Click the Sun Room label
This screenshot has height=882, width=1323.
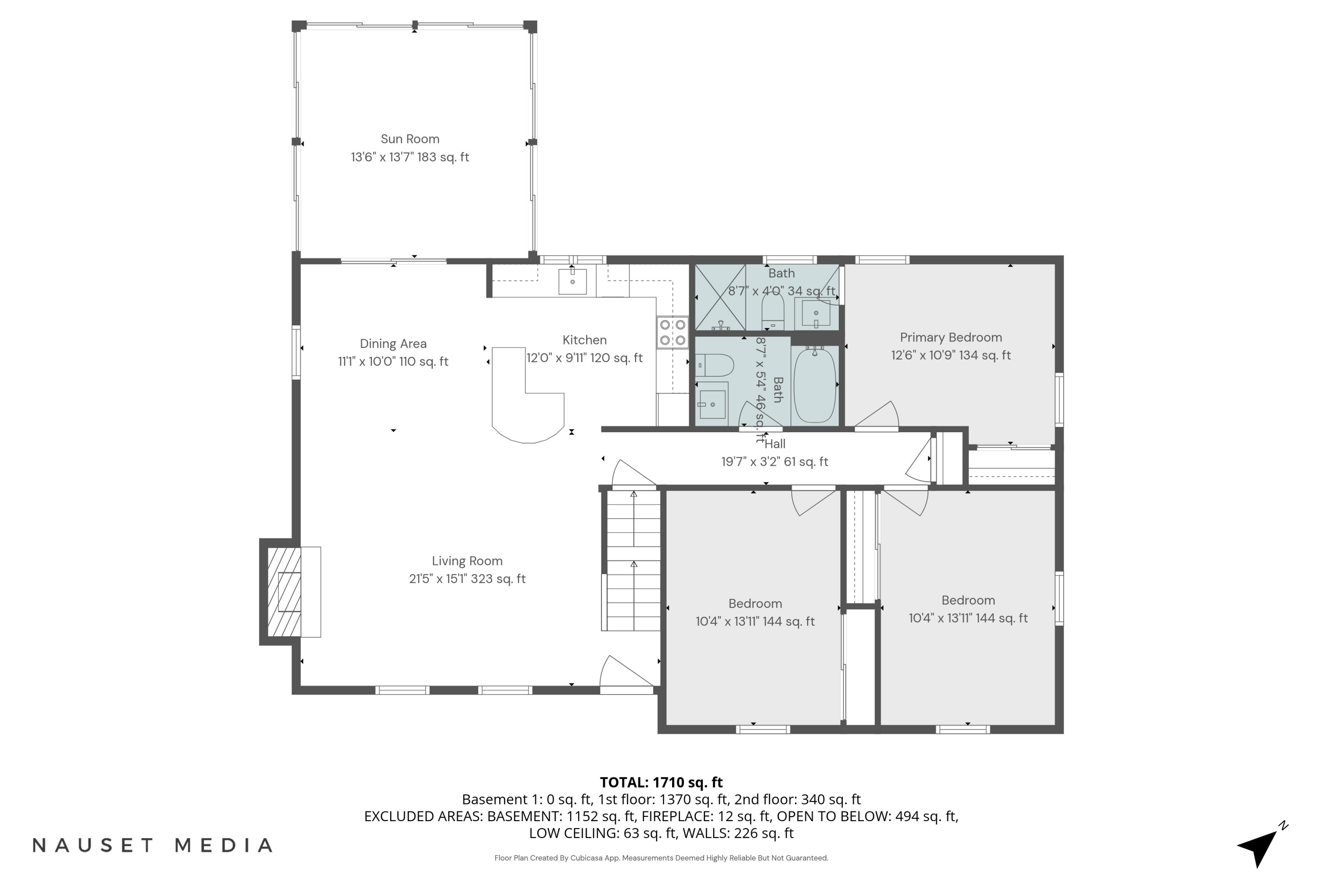pyautogui.click(x=410, y=139)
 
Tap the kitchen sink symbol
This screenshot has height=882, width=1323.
pyautogui.click(x=572, y=281)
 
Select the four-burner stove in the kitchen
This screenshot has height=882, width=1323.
pyautogui.click(x=672, y=333)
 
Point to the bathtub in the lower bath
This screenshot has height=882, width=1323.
pyautogui.click(x=815, y=385)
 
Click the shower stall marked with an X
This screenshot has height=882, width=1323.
pyautogui.click(x=721, y=297)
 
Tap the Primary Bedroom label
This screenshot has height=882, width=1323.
pyautogui.click(x=951, y=337)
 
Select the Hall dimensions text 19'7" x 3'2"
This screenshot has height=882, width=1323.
pyautogui.click(x=774, y=462)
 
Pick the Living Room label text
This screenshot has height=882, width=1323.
pyautogui.click(x=467, y=561)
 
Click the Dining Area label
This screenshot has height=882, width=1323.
pyautogui.click(x=393, y=344)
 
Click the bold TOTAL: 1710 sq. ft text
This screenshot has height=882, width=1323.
pyautogui.click(x=661, y=782)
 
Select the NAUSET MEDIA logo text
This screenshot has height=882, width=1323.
pyautogui.click(x=153, y=845)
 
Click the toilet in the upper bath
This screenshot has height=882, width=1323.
pyautogui.click(x=772, y=310)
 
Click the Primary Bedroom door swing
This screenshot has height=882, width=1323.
pyautogui.click(x=878, y=416)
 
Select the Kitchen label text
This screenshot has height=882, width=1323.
pyautogui.click(x=584, y=340)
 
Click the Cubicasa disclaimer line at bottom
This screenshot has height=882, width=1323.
pyautogui.click(x=661, y=858)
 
